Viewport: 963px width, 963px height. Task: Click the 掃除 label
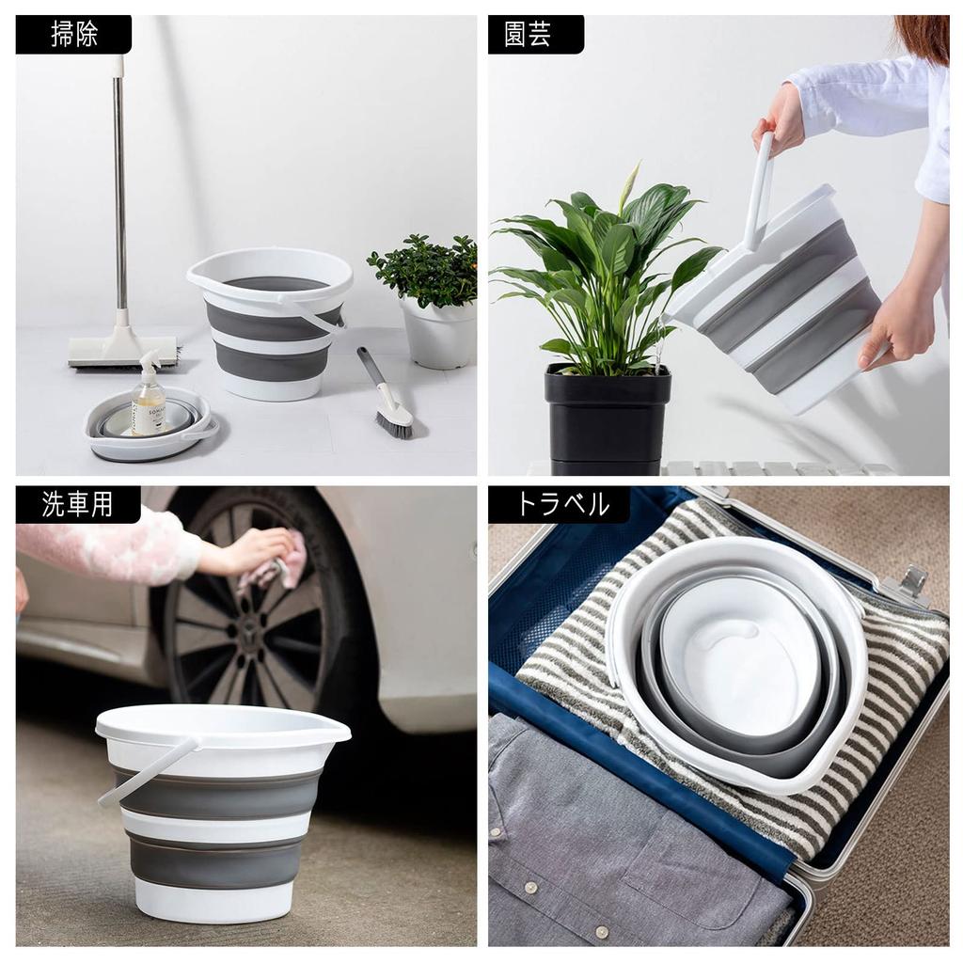(x=73, y=35)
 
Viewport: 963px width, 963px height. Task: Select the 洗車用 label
(x=77, y=504)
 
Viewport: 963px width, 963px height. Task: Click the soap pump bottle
(x=148, y=400)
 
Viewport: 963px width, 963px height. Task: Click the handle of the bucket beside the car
(x=146, y=771)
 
